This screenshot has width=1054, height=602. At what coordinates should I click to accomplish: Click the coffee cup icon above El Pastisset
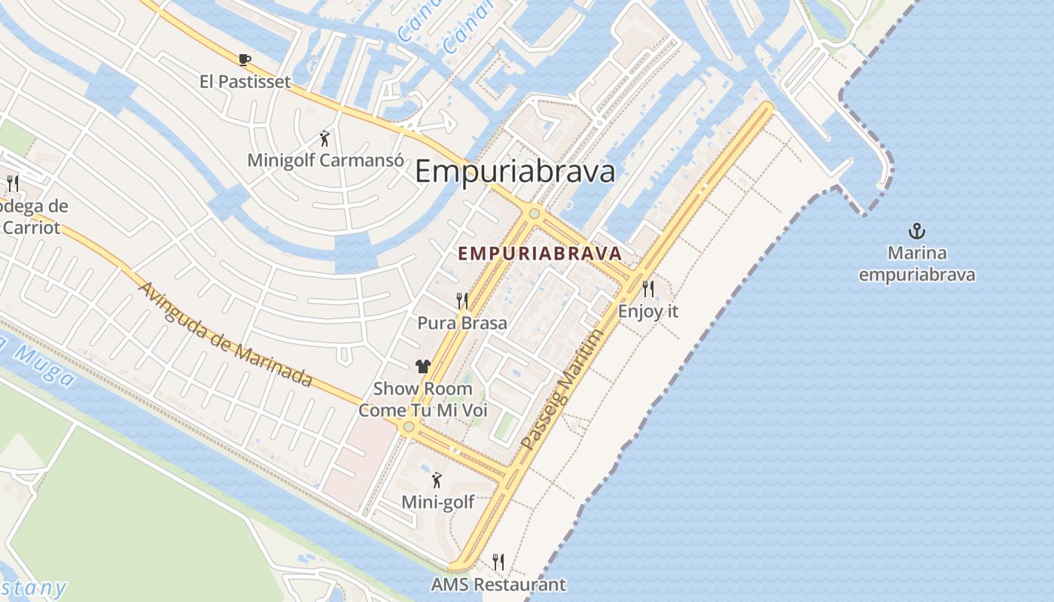[x=244, y=59]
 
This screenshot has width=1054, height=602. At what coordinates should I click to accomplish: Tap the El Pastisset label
[x=245, y=81]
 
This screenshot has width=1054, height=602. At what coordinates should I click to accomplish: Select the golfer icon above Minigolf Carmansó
[x=324, y=138]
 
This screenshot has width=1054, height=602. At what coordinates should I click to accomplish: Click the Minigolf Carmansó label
[x=325, y=160]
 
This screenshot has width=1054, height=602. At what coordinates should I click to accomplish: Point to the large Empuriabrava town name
[x=515, y=172]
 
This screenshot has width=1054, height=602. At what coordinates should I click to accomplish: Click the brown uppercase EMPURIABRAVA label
[x=540, y=254]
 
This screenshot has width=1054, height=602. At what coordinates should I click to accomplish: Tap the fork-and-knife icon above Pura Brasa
[x=462, y=301]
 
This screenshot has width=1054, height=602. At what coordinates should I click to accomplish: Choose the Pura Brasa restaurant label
[x=462, y=323]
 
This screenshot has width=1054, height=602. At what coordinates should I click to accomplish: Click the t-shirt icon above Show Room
[x=423, y=366]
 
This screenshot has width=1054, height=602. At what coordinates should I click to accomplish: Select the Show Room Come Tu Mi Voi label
[x=423, y=400]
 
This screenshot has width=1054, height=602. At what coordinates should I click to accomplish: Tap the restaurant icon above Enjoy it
[x=648, y=288]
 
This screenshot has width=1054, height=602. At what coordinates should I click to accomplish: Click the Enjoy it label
[x=648, y=310]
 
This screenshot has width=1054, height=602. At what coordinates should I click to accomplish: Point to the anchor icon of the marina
[x=917, y=231]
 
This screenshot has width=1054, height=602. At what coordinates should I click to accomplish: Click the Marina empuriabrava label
[x=917, y=263]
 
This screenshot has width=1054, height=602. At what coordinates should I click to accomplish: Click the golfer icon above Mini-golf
[x=437, y=480]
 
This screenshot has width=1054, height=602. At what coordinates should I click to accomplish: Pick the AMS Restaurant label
[x=498, y=584]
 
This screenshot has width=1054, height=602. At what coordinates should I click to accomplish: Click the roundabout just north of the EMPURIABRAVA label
[x=535, y=214]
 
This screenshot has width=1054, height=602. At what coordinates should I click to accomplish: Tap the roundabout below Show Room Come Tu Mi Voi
[x=409, y=427]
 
